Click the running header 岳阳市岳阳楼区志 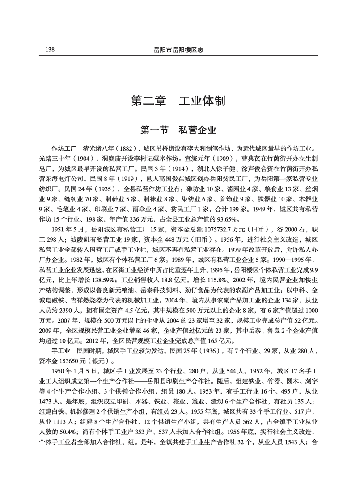pos(180,50)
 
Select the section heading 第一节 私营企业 pos(180,130)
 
